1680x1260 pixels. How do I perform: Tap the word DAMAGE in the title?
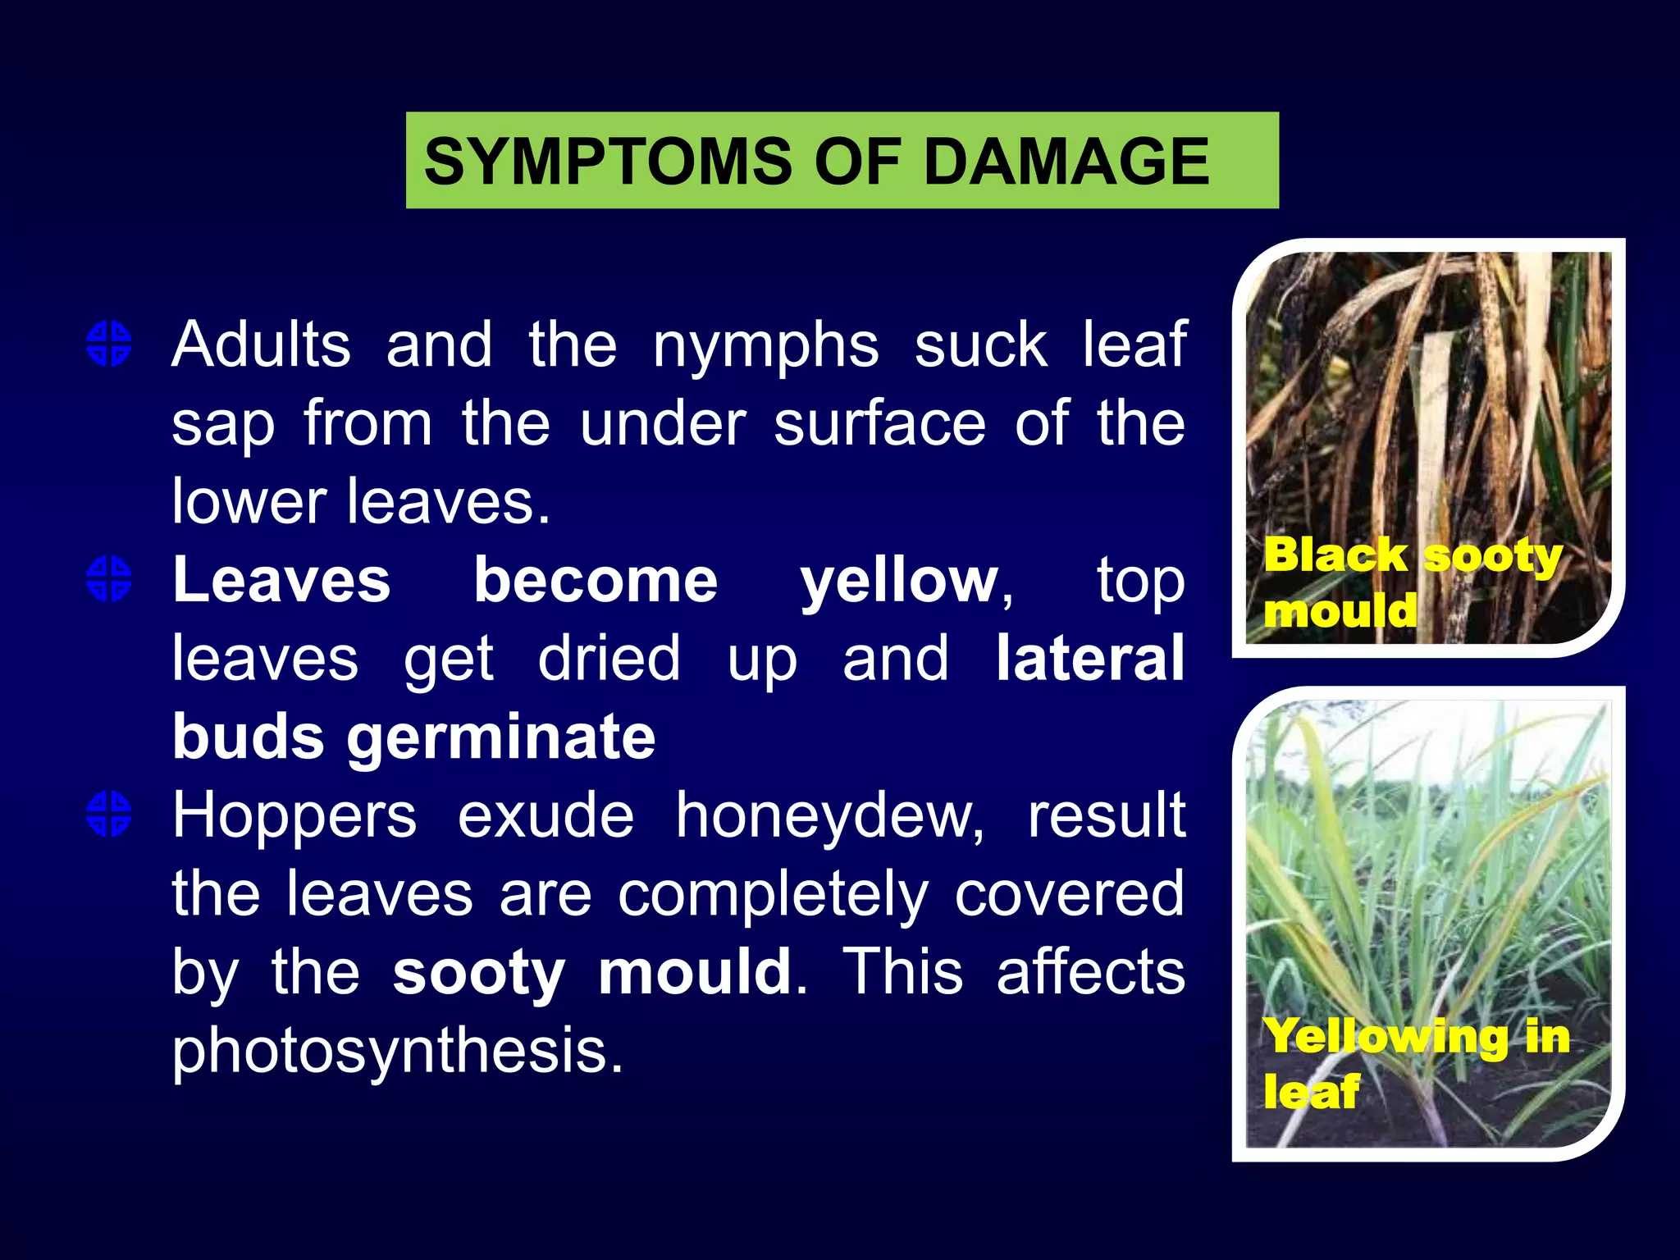pos(1066,162)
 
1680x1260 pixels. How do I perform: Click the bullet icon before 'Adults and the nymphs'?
pos(109,343)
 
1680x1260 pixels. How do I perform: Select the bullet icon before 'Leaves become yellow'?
pos(109,579)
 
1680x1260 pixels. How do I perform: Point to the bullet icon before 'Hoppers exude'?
pos(109,815)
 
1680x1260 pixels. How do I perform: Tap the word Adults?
pos(261,345)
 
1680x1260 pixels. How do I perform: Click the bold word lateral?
pos(1090,658)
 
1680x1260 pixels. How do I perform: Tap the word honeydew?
pos(829,816)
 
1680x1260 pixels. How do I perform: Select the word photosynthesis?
pos(397,1052)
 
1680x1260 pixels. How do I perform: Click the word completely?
pos(774,895)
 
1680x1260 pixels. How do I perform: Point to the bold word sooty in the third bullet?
pos(478,973)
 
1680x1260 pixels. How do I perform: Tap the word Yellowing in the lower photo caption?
pos(1386,1036)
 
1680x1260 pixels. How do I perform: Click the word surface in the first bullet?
pos(879,424)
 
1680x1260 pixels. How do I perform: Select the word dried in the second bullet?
pos(609,659)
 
